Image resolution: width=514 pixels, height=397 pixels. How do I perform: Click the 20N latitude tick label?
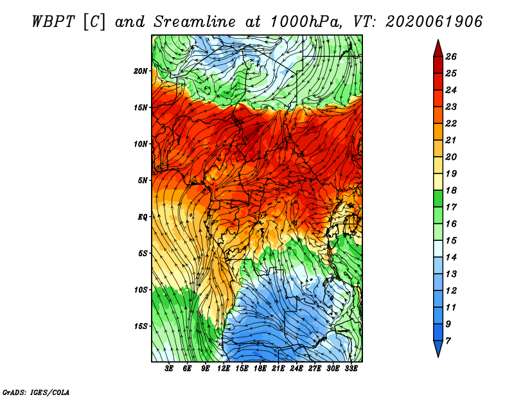pyautogui.click(x=140, y=71)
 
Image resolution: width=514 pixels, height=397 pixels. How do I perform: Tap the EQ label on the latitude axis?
pyautogui.click(x=142, y=216)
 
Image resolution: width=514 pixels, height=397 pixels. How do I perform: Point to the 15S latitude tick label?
pyautogui.click(x=141, y=326)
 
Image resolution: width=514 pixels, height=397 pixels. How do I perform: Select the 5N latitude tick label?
pyautogui.click(x=142, y=181)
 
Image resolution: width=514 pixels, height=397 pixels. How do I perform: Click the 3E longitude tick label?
pyautogui.click(x=169, y=369)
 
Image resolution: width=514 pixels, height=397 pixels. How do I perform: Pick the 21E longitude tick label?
pyautogui.click(x=278, y=369)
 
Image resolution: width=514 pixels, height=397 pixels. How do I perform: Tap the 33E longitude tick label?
pyautogui.click(x=351, y=369)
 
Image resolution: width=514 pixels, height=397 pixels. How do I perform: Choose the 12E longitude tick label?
pyautogui.click(x=223, y=369)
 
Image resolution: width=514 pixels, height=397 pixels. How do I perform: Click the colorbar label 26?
pyautogui.click(x=451, y=57)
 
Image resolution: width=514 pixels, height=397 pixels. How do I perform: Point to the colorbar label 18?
pyautogui.click(x=451, y=190)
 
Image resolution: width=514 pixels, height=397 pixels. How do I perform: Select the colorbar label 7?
pyautogui.click(x=448, y=341)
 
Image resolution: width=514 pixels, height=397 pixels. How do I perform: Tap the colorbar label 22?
pyautogui.click(x=451, y=123)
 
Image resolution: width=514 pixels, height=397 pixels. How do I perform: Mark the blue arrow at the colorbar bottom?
pyautogui.click(x=438, y=348)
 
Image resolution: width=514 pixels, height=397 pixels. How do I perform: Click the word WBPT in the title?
pyautogui.click(x=53, y=22)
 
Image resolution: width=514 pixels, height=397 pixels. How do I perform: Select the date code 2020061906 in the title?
pyautogui.click(x=434, y=22)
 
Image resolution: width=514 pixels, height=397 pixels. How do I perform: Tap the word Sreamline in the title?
pyautogui.click(x=195, y=22)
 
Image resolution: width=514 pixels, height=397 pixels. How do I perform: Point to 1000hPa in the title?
pyautogui.click(x=305, y=22)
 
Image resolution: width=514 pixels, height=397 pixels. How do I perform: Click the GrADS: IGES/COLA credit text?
pyautogui.click(x=36, y=393)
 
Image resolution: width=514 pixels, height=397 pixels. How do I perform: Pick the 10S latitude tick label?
pyautogui.click(x=141, y=290)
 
